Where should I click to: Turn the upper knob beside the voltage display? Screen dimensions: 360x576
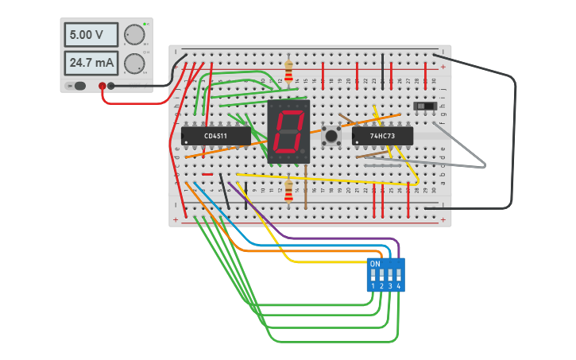coord(135,34)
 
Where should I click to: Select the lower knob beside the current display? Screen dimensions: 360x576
coord(135,63)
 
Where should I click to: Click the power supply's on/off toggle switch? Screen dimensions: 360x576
coord(76,86)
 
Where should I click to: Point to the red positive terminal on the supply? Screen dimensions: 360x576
coord(102,86)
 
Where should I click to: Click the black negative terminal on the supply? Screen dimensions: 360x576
coord(111,86)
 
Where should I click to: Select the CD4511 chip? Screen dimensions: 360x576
coord(215,137)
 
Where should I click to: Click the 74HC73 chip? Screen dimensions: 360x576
coord(382,137)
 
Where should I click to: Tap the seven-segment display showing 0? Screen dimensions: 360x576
coord(288,132)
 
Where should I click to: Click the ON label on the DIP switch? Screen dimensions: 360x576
coord(375,263)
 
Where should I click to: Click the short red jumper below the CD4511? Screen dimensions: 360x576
coord(207,174)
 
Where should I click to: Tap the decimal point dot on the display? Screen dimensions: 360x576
coord(303,150)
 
